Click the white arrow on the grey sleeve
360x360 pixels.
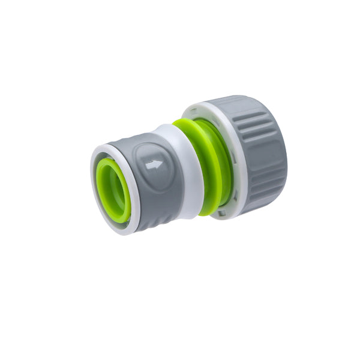pos(154,164)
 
